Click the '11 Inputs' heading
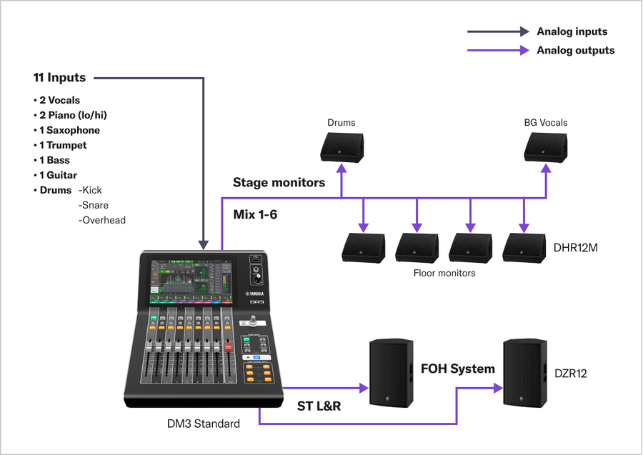[x=59, y=77]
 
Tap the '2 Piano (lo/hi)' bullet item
[x=73, y=115]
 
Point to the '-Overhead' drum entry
[x=102, y=220]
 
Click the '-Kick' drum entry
[x=91, y=190]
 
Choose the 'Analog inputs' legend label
[x=572, y=31]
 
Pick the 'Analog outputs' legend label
[x=575, y=51]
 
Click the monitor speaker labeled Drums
[x=342, y=147]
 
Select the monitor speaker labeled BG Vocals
[x=546, y=147]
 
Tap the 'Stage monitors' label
[x=279, y=183]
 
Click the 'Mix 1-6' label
[x=255, y=214]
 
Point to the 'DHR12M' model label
[x=576, y=248]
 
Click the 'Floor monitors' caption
[x=444, y=273]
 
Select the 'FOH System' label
[x=457, y=369]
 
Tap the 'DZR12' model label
[x=571, y=373]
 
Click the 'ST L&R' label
[x=319, y=406]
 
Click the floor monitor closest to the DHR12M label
[x=524, y=246]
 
